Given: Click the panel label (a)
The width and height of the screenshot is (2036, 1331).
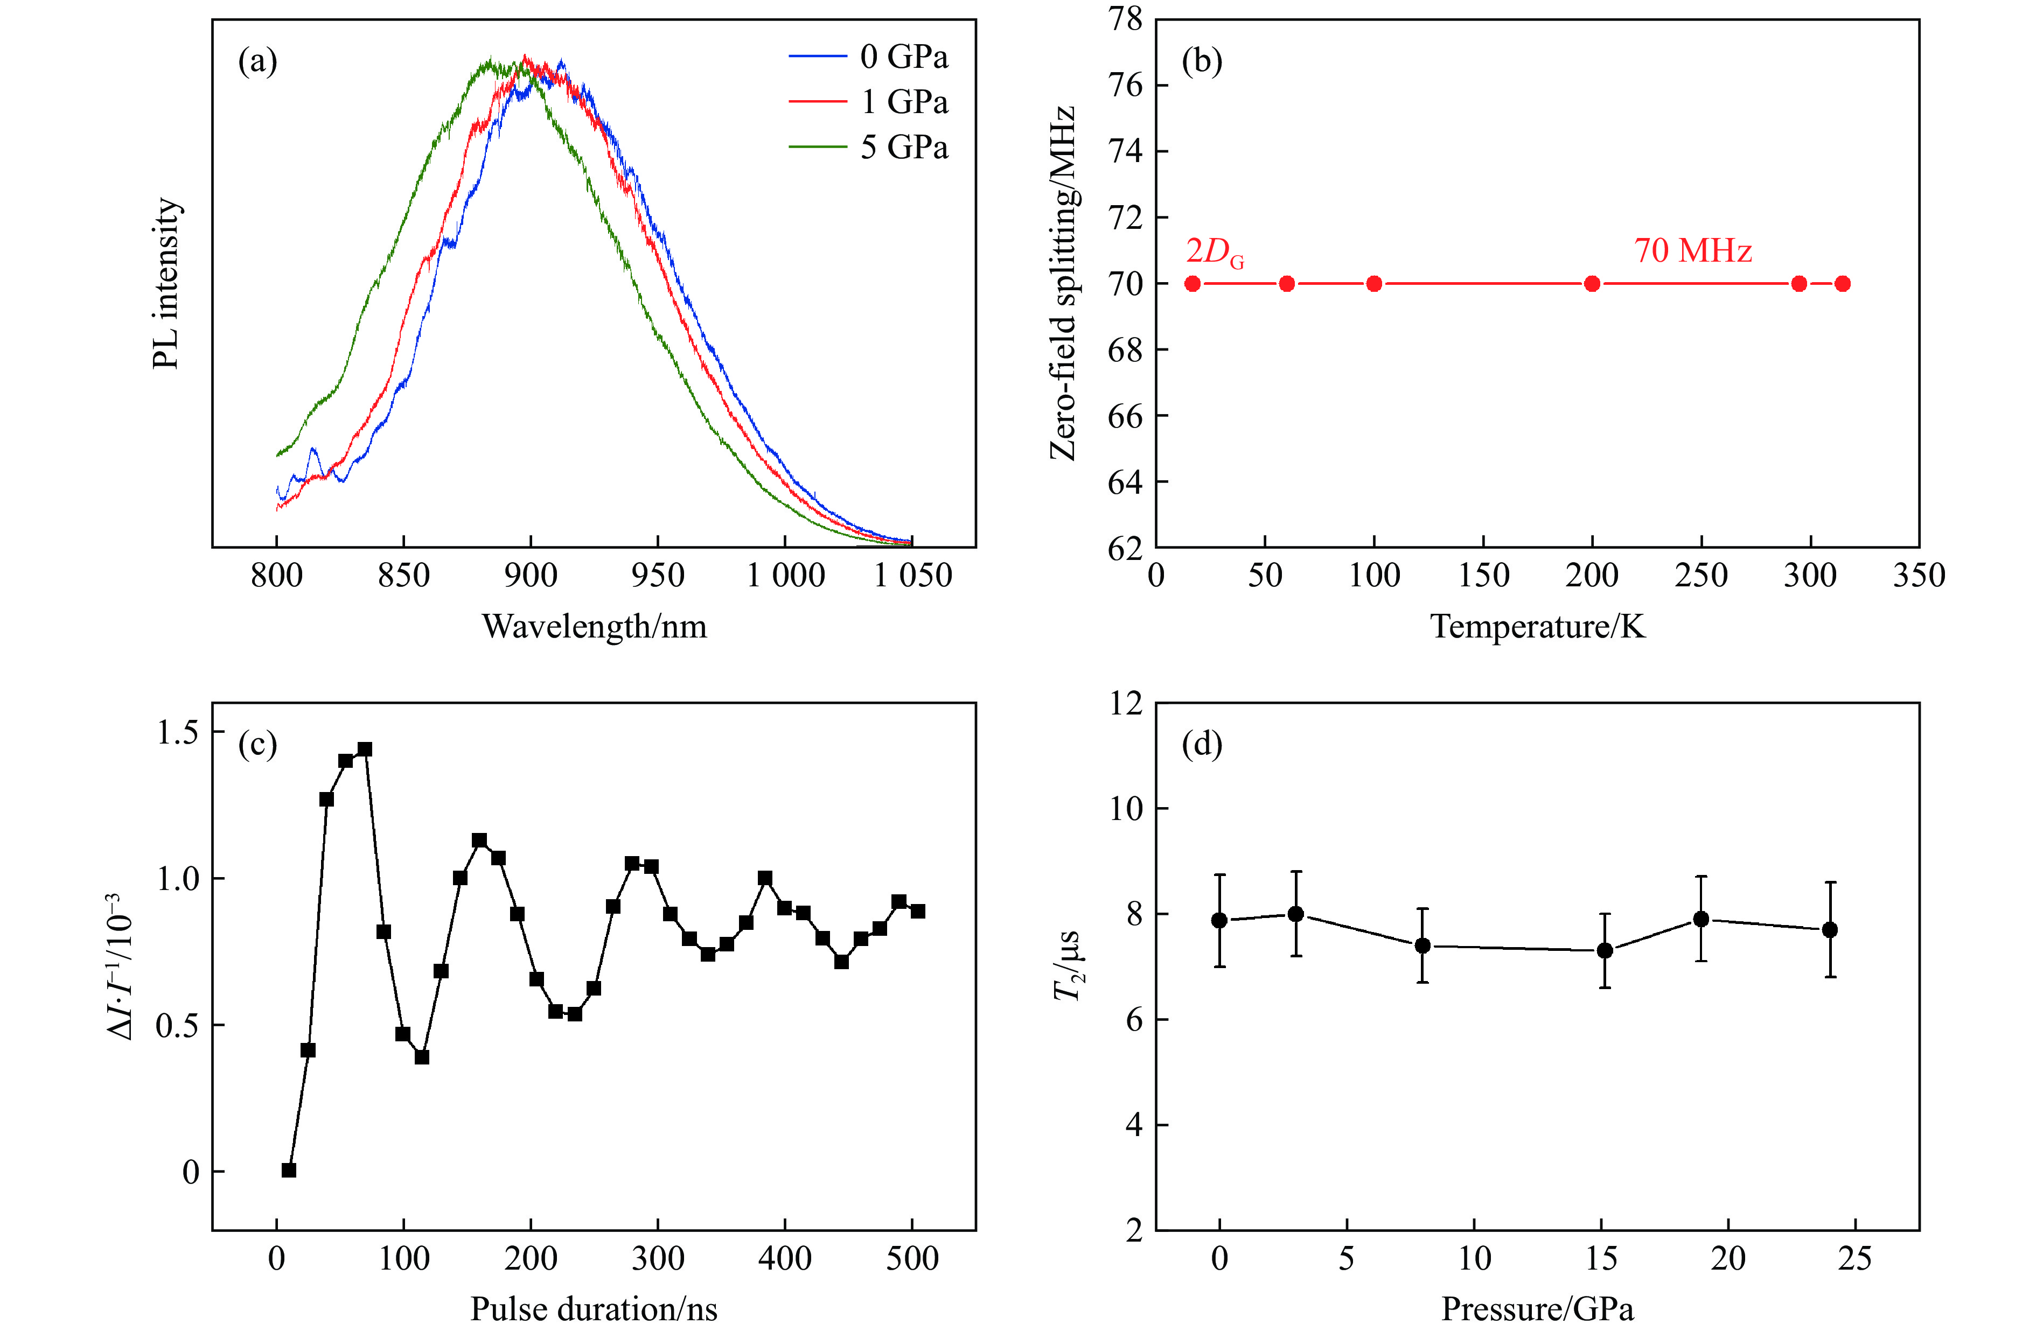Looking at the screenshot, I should tap(257, 61).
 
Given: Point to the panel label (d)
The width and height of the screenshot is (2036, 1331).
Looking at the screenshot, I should tap(1201, 744).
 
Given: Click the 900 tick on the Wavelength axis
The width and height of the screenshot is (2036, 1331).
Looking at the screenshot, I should tap(531, 576).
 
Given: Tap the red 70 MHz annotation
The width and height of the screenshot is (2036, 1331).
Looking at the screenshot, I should tap(1692, 250).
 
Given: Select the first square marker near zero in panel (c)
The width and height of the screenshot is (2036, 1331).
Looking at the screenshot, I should tap(289, 1170).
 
